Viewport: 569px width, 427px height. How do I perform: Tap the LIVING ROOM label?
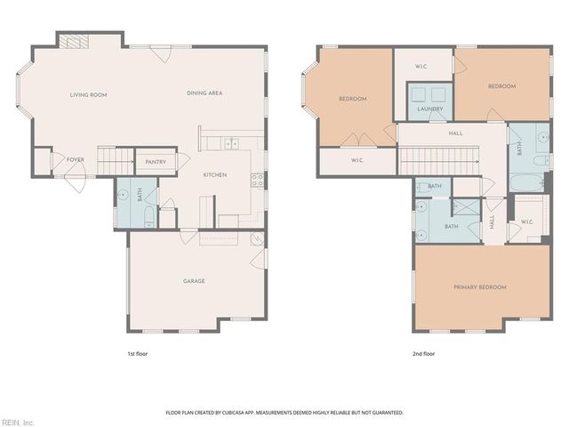click(89, 94)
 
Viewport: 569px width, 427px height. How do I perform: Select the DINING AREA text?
click(204, 93)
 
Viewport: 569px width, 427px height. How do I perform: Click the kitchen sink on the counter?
click(231, 142)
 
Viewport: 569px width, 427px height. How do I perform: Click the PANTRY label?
click(156, 162)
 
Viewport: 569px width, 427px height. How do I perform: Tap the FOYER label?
click(76, 160)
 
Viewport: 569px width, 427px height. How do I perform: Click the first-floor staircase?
click(114, 162)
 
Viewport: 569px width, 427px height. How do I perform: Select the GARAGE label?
click(194, 281)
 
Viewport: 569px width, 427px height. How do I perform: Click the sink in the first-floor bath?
click(124, 193)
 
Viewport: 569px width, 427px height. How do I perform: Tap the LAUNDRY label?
click(430, 109)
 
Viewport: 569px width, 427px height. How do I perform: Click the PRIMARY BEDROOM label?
click(479, 287)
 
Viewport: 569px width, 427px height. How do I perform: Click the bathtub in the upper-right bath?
click(527, 183)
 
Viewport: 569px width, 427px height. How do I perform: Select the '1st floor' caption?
click(137, 353)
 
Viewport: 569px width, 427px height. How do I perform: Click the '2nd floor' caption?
click(424, 353)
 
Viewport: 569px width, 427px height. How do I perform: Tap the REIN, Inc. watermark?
click(18, 422)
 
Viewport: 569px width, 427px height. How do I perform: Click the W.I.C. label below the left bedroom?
click(357, 160)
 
